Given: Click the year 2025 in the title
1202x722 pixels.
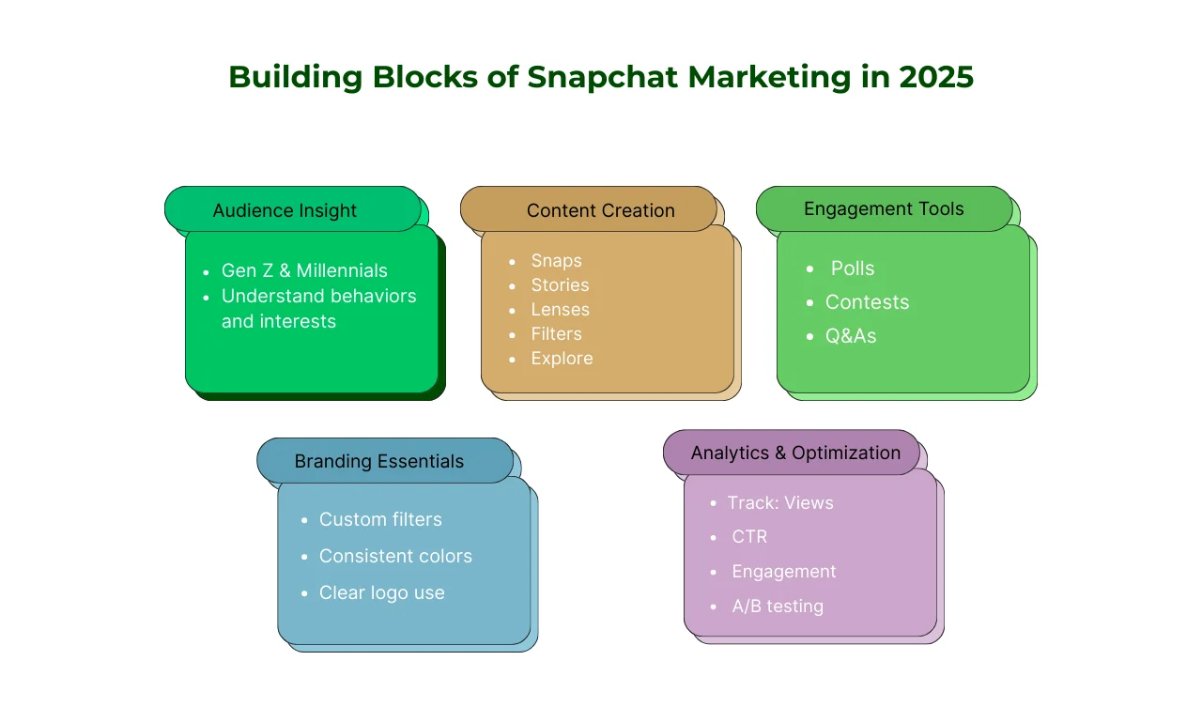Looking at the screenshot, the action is tap(936, 77).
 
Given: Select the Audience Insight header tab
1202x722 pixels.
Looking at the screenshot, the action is tap(292, 209).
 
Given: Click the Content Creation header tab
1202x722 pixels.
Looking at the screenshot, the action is tap(589, 209).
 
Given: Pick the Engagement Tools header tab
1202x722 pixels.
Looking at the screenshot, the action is tap(885, 209).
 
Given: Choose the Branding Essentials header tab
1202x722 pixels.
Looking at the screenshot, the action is tap(385, 460).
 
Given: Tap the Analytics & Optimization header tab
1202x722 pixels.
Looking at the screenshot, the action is tap(792, 453).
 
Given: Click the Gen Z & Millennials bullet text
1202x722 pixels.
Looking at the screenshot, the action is tap(304, 270).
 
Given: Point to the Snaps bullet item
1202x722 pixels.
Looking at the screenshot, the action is tap(557, 261).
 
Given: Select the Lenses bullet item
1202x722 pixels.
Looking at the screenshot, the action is tap(561, 310).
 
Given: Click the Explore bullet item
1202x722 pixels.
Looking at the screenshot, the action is tap(562, 359).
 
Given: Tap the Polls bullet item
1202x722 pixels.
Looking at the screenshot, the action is tap(853, 269).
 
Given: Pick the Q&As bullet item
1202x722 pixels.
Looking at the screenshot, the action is tap(851, 336).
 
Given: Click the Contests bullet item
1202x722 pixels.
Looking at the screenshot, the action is tap(867, 302).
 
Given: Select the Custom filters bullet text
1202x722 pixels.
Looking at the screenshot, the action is tap(380, 519).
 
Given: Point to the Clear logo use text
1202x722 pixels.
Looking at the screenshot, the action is tap(381, 592).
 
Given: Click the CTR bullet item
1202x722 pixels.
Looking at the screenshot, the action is tap(749, 536).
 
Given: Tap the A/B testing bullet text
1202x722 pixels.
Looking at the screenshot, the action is tap(778, 607).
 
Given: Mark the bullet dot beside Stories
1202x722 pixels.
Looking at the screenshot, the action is tap(512, 286).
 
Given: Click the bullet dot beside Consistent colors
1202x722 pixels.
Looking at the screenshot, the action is tap(304, 558).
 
